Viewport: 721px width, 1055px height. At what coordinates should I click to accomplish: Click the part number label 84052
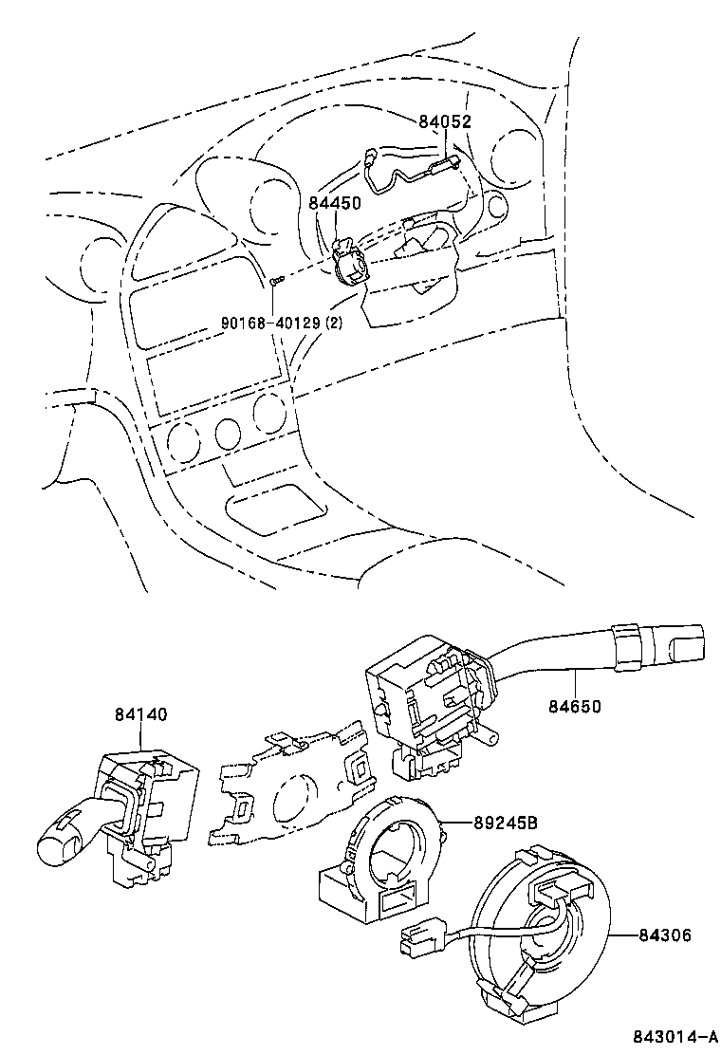[445, 121]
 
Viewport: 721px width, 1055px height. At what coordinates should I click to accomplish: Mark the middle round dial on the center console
[227, 435]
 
